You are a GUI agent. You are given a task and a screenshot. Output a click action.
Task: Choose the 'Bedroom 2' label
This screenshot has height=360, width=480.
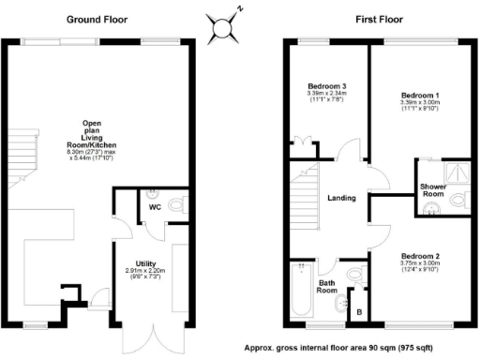pos(421,256)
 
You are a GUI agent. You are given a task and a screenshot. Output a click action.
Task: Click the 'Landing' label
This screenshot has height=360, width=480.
pos(340,198)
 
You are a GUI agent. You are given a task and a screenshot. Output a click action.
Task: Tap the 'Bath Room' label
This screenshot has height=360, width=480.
pos(326,287)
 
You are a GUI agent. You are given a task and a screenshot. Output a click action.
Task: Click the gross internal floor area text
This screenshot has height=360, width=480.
pos(360,347)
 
